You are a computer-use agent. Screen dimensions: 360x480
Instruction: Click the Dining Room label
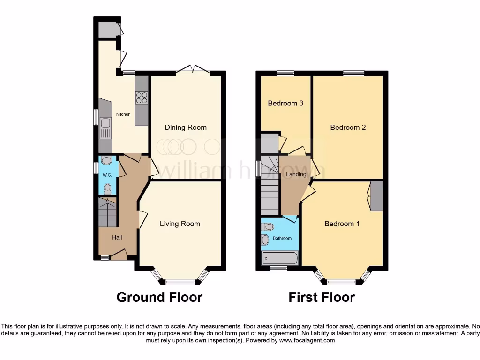coord(186,127)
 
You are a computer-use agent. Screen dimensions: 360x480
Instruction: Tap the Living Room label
coord(180,224)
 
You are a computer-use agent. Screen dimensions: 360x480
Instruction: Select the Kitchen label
coord(123,114)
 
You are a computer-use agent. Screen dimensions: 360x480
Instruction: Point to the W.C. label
coord(106,175)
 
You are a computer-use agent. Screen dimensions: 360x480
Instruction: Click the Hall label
coord(117,238)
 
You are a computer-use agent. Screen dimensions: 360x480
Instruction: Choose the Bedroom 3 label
coord(285,103)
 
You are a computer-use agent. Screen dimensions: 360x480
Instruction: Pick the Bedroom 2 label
coord(348,127)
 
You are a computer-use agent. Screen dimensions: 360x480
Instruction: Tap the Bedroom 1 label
coord(342,224)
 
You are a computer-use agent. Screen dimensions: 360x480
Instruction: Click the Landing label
coord(296,174)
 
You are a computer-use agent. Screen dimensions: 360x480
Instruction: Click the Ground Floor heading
coord(159,297)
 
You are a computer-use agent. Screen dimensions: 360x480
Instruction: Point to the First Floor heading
coord(322,297)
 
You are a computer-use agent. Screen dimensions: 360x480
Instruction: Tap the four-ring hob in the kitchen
coord(142,98)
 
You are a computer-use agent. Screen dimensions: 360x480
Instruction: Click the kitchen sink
coord(105,124)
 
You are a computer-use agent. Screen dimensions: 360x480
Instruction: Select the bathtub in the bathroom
coord(280,257)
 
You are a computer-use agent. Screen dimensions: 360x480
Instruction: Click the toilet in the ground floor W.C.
coord(107,188)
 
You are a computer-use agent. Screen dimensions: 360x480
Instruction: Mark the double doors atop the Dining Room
coord(193,69)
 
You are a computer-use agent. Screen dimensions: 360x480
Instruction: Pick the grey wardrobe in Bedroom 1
coord(377,195)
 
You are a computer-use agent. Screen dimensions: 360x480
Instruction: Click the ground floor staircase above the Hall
coord(108,212)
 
